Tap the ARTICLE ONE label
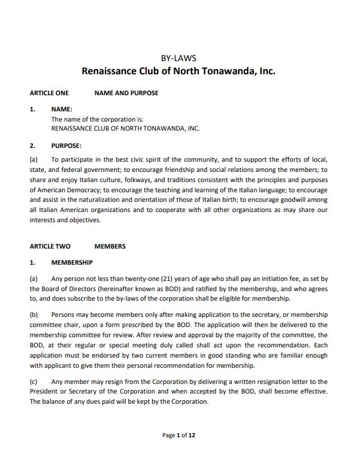49,93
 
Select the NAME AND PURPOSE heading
126,93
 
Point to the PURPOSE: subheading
66,146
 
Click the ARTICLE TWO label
50,246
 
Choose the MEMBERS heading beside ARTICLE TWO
110,246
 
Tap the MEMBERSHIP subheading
72,262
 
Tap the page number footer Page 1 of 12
179,435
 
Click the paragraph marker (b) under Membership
34,314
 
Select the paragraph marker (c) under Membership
34,382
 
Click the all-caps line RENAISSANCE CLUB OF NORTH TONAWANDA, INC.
125,128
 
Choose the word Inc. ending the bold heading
267,72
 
